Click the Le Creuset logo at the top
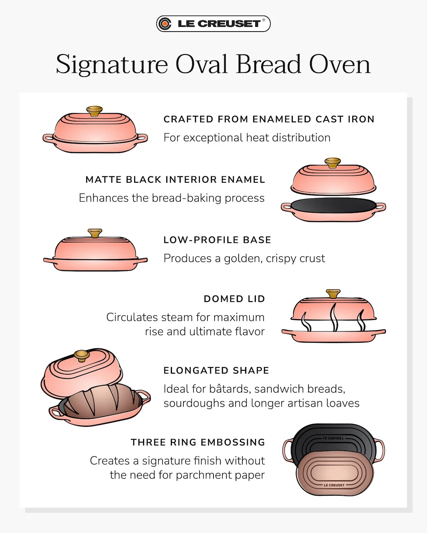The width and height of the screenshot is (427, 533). pos(213,24)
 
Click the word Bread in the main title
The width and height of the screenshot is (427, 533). pos(269,64)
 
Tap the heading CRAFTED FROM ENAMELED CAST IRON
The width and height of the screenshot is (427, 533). pos(269,119)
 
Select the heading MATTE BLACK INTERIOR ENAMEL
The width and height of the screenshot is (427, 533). pos(175,180)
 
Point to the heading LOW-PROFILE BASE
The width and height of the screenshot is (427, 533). pos(217,240)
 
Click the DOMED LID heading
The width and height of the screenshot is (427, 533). pos(234,299)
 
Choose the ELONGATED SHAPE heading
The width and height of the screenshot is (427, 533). pos(216,370)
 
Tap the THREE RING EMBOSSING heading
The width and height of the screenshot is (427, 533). pos(198,442)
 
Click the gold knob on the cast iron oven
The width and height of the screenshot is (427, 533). pos(95,111)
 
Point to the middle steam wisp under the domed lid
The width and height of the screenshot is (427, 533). pos(334,317)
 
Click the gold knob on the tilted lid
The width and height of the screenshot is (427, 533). pos(82,356)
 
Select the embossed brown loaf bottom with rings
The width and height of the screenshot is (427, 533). pos(334,474)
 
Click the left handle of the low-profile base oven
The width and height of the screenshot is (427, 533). pos(48,260)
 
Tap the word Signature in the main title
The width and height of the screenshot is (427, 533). pos(112,64)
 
